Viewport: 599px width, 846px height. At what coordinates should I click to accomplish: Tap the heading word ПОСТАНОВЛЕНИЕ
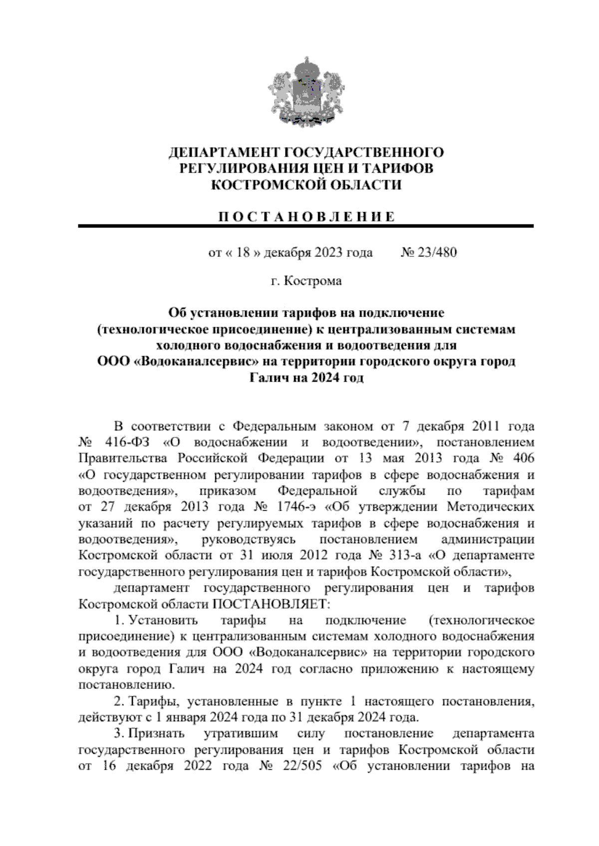[x=305, y=216]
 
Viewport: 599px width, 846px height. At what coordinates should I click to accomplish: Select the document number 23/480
[x=437, y=252]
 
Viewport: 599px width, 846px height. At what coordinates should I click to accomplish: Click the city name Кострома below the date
[x=313, y=281]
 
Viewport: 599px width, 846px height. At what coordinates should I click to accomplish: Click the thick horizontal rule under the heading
[x=305, y=226]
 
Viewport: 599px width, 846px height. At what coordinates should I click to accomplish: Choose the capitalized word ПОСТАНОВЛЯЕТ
[x=272, y=604]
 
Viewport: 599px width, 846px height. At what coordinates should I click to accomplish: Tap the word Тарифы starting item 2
[x=149, y=701]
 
